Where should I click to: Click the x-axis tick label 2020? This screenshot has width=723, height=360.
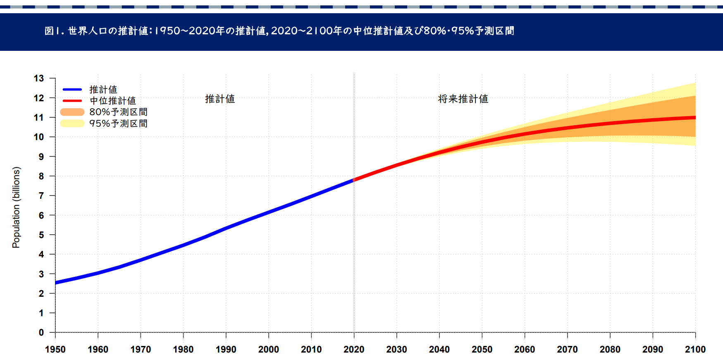[354, 350]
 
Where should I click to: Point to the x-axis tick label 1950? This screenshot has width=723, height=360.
[55, 350]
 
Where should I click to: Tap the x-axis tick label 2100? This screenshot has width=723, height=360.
[695, 350]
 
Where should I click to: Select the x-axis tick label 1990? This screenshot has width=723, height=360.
[226, 350]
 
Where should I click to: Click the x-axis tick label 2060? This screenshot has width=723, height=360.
[525, 350]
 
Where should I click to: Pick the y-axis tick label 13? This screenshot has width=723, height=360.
[39, 79]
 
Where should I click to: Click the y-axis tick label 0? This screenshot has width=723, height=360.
[41, 333]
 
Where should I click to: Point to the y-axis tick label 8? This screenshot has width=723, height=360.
[41, 176]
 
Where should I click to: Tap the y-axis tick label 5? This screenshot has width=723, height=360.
[41, 235]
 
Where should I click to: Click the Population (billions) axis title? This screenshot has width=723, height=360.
[16, 207]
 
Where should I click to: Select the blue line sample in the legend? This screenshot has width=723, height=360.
[72, 89]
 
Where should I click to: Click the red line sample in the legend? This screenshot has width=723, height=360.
[72, 100]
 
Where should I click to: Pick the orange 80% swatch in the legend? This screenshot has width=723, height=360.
[72, 112]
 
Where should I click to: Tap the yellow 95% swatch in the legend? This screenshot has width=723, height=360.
[72, 123]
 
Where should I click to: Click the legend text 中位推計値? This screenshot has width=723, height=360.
[113, 101]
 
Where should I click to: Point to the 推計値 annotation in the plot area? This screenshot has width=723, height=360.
[220, 99]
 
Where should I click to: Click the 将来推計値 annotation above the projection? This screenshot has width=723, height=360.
[463, 99]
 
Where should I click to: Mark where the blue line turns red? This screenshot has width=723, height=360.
[354, 180]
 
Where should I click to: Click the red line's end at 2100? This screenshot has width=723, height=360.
[695, 118]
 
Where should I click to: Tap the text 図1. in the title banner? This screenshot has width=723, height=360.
[54, 31]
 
